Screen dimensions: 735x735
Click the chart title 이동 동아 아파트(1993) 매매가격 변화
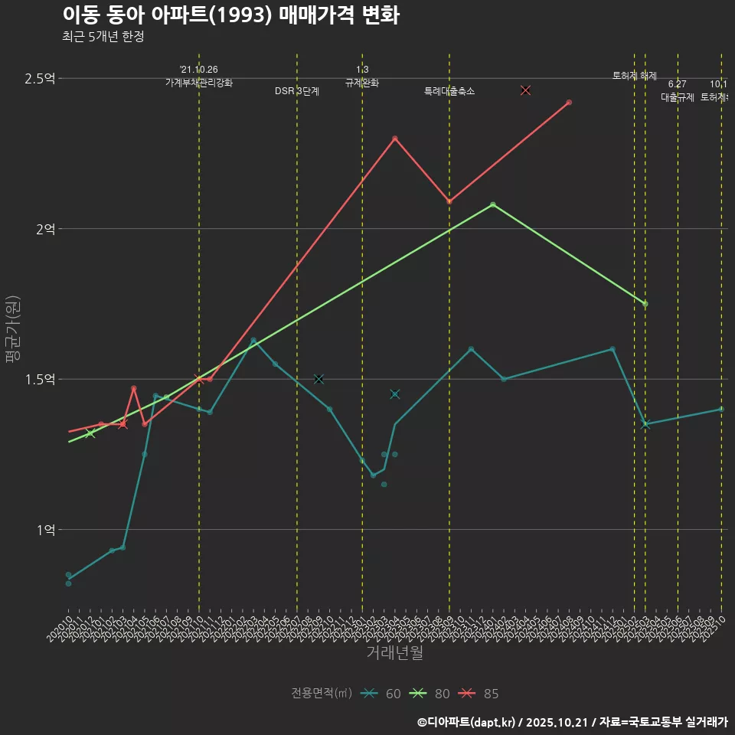tap(230, 15)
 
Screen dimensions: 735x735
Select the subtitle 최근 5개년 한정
tap(103, 36)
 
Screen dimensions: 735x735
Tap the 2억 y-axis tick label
tap(44, 229)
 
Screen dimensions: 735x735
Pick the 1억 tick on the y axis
tap(44, 529)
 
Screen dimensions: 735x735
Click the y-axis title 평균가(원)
tap(12, 328)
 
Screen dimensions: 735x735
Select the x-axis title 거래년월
tap(394, 653)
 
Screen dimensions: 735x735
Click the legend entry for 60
tap(382, 694)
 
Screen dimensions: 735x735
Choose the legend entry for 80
tap(430, 694)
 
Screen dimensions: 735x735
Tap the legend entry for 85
tap(479, 694)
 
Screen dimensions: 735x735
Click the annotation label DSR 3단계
tap(297, 91)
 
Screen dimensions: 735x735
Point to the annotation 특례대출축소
tap(449, 91)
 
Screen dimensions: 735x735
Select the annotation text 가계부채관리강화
tap(199, 82)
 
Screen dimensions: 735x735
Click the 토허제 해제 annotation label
tap(635, 76)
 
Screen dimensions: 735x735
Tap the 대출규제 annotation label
tap(678, 97)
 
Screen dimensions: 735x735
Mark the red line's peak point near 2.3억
tap(395, 139)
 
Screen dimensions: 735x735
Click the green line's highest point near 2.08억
tap(492, 204)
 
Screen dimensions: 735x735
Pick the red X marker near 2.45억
tap(525, 90)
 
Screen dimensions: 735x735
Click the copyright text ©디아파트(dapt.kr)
tap(468, 722)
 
